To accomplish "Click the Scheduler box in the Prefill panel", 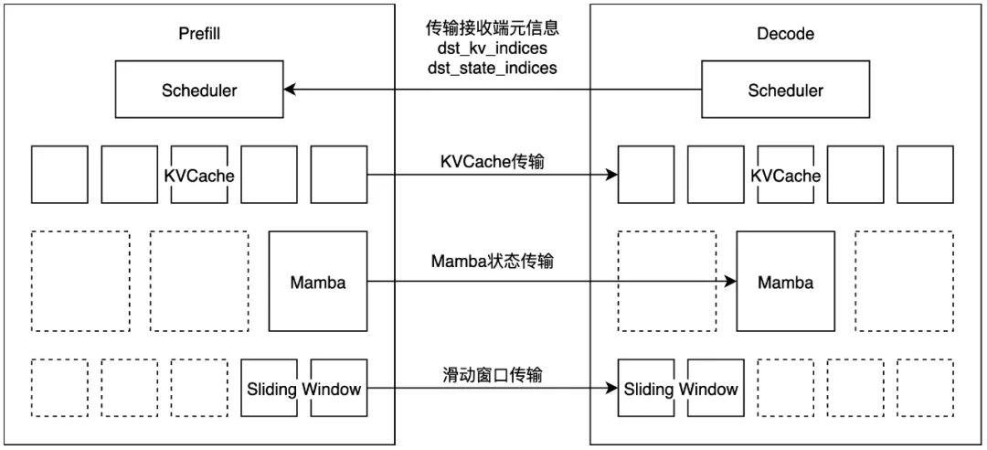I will (x=199, y=90).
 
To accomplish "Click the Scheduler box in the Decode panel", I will (x=785, y=90).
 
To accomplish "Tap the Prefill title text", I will (x=199, y=34).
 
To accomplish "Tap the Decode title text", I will (x=785, y=34).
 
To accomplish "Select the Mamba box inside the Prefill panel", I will (x=318, y=282).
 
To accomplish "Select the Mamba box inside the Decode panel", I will (x=785, y=282).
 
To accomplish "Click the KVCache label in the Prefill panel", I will (x=199, y=175).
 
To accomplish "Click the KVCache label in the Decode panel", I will (x=785, y=175).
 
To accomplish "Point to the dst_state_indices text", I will (x=493, y=68).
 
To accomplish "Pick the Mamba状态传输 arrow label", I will (x=493, y=262).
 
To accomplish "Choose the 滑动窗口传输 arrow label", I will (x=493, y=374).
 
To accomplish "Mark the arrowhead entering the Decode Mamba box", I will (x=730, y=282).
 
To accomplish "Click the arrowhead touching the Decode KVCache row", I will (x=611, y=175).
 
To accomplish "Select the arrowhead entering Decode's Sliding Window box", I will (x=611, y=389).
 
